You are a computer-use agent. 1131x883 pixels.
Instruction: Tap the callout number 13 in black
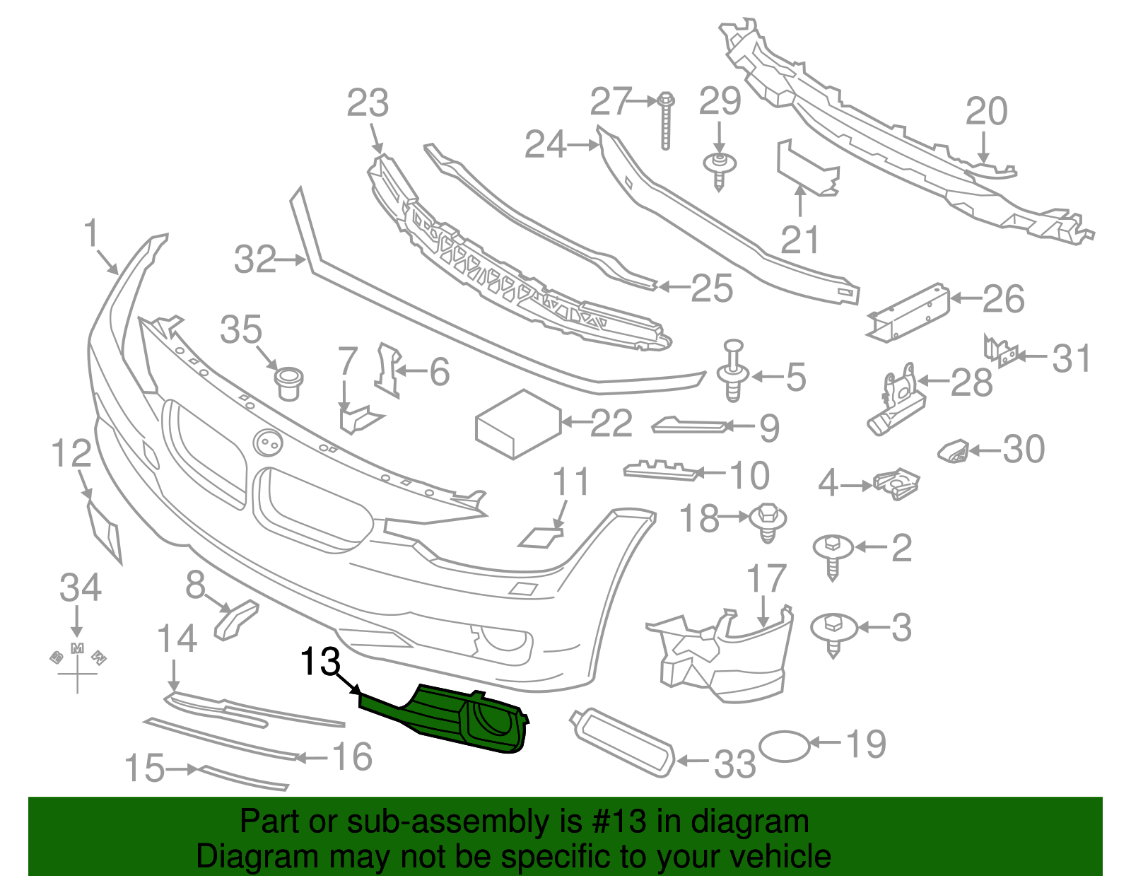pyautogui.click(x=320, y=662)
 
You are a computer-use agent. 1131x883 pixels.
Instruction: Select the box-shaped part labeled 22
pyautogui.click(x=519, y=424)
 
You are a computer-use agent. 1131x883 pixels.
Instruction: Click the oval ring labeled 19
pyautogui.click(x=785, y=746)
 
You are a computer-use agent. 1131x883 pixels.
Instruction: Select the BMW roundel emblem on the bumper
pyautogui.click(x=268, y=443)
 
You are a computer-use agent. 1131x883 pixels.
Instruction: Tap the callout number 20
pyautogui.click(x=986, y=112)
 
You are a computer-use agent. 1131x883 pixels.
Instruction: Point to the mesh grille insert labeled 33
pyautogui.click(x=623, y=742)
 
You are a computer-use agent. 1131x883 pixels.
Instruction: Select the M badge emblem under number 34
pyautogui.click(x=78, y=649)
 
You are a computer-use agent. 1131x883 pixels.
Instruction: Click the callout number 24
pyautogui.click(x=545, y=145)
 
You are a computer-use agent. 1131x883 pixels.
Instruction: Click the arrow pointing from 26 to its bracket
pyautogui.click(x=966, y=298)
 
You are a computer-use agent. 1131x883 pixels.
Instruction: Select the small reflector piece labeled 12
pyautogui.click(x=105, y=532)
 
